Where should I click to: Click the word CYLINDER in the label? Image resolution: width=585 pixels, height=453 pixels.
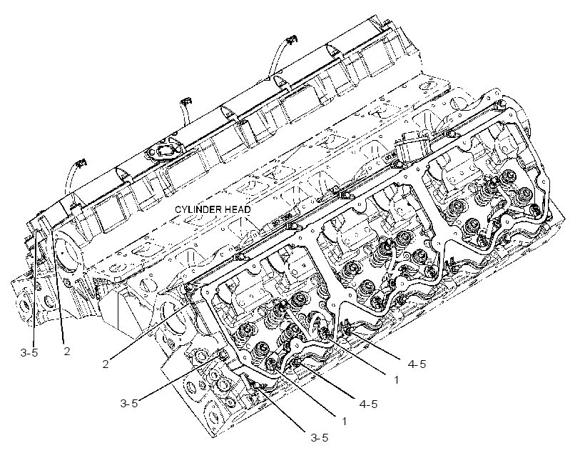(198, 209)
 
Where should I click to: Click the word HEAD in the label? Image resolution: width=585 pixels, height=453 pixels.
(238, 209)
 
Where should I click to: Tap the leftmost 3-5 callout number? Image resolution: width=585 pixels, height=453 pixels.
(29, 352)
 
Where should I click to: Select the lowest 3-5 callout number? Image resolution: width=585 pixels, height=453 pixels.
(320, 438)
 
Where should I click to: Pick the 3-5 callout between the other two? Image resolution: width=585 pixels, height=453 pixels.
(128, 403)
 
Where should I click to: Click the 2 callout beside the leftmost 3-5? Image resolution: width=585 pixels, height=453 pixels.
(67, 351)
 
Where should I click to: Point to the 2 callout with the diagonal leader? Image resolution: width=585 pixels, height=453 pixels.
(106, 364)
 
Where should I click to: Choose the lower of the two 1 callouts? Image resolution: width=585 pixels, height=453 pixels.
(344, 422)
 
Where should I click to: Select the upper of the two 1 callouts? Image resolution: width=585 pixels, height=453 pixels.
(396, 379)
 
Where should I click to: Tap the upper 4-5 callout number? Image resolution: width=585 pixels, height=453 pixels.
(417, 364)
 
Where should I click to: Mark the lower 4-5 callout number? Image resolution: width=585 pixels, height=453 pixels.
(368, 404)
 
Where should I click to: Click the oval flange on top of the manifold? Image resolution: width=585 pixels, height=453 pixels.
(163, 151)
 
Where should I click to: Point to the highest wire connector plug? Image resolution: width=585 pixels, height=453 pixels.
(291, 39)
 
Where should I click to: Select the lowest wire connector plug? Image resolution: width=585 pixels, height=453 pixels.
(81, 163)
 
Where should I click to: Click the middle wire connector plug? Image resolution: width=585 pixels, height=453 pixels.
(185, 101)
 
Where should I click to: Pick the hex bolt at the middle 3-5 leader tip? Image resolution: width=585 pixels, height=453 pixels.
(223, 354)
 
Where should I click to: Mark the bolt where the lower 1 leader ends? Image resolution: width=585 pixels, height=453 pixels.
(272, 362)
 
